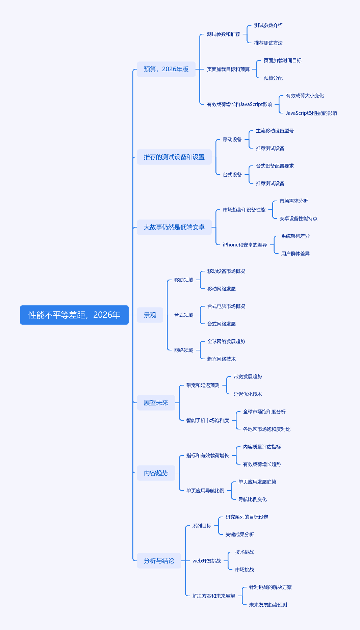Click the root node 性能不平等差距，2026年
[74, 315]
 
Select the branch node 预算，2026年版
[166, 69]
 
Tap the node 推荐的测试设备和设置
[174, 157]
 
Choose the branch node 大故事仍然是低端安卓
[174, 227]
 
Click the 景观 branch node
[150, 315]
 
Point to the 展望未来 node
[156, 403]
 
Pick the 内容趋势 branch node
[156, 473]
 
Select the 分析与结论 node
[159, 561]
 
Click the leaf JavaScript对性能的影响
[311, 113]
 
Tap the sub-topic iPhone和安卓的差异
[245, 245]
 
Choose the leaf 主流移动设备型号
[275, 131]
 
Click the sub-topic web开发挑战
[207, 561]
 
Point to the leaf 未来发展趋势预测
[268, 605]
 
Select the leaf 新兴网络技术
[222, 359]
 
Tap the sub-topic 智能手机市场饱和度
[208, 420]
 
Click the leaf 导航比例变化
[253, 499]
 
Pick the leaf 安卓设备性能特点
[299, 218]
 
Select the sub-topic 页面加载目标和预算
[228, 69]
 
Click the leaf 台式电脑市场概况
[226, 306]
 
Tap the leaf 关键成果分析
[240, 534]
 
